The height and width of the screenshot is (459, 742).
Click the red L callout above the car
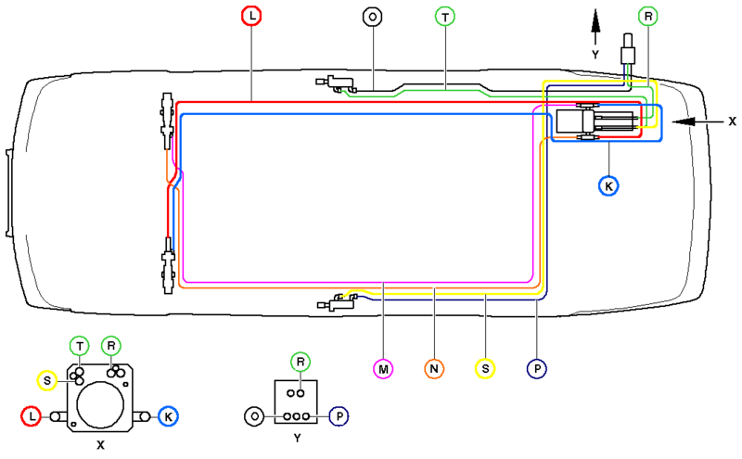252,16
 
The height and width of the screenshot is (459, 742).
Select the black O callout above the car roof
373,16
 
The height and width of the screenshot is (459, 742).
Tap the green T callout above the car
445,16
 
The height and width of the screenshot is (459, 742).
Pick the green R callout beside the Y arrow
648,16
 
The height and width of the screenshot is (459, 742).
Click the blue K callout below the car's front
608,185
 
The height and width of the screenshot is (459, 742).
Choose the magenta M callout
383,368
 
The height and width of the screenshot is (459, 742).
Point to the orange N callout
434,368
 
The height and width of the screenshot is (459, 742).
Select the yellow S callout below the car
484,368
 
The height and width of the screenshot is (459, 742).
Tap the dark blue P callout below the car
537,368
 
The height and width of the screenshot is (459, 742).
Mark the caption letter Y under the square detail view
296,437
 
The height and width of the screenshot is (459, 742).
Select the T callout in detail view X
81,346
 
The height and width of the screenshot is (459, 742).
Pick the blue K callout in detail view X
168,416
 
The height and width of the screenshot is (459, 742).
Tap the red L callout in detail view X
32,417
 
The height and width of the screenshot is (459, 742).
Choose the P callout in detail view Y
339,416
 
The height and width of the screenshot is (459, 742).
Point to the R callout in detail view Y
299,361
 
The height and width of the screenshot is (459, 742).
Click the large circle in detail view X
100,404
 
